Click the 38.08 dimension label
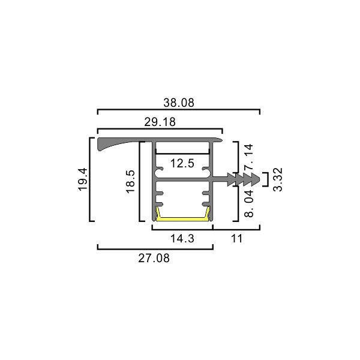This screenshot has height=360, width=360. (x=179, y=103)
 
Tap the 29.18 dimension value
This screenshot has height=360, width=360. (x=160, y=122)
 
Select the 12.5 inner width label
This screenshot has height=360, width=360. (x=182, y=163)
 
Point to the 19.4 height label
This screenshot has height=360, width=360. (x=83, y=179)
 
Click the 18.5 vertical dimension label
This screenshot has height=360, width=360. (x=131, y=181)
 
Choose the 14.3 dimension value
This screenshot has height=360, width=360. (x=182, y=239)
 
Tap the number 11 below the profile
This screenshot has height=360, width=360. (x=236, y=239)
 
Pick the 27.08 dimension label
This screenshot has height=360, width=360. (x=154, y=258)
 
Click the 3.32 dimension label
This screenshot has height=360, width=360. (x=278, y=179)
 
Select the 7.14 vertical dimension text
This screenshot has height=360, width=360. (x=249, y=157)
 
